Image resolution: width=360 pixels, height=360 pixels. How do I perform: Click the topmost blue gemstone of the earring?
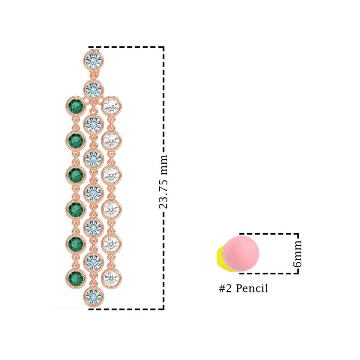(x=94, y=60)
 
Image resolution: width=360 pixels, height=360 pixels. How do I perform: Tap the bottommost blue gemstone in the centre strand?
(x=94, y=297)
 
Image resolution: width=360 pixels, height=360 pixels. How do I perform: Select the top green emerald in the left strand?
(x=76, y=106)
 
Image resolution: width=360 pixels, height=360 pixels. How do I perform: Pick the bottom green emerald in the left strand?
(x=76, y=278)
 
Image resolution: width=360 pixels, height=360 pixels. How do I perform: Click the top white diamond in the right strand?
(x=111, y=106)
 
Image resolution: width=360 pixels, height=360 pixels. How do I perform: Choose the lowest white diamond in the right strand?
(x=111, y=278)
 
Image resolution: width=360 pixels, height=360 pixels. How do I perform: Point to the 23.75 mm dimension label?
(x=163, y=181)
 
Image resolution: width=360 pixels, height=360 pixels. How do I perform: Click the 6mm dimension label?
(x=297, y=254)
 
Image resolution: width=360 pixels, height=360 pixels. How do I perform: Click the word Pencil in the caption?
(x=252, y=288)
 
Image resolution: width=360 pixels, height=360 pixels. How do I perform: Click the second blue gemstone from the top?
(x=94, y=89)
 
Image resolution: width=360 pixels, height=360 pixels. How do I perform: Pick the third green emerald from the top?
(x=76, y=175)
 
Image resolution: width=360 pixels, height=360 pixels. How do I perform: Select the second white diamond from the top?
(x=111, y=141)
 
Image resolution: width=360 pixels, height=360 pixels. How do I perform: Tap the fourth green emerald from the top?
(x=76, y=209)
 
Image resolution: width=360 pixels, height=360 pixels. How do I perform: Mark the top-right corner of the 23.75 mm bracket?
(x=163, y=47)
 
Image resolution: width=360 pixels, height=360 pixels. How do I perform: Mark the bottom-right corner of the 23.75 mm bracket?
(x=163, y=309)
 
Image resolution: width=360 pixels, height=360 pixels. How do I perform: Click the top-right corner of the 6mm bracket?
(x=298, y=234)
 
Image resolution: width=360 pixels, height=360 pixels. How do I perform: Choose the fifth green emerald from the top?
(x=76, y=244)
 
